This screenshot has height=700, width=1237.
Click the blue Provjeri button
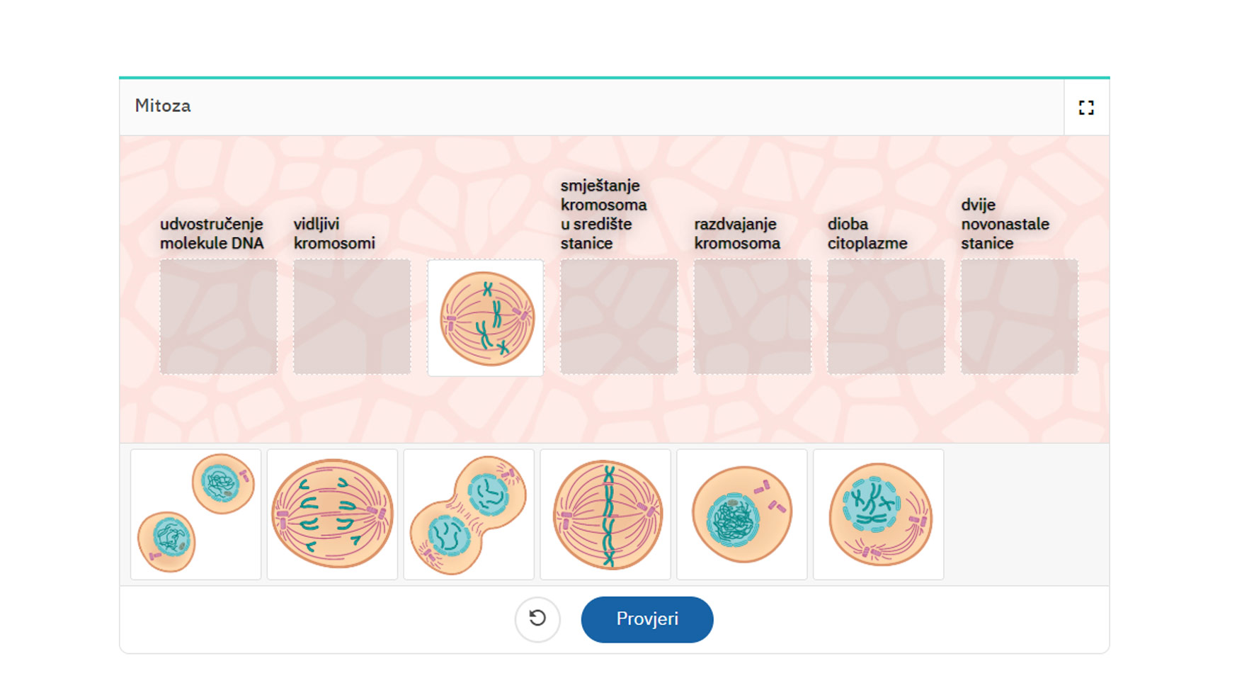click(647, 619)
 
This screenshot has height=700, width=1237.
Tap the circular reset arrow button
click(537, 619)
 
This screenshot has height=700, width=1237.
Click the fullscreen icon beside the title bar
click(1086, 107)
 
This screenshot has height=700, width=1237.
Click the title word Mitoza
click(163, 106)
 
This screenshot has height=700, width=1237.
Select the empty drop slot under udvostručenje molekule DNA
click(218, 317)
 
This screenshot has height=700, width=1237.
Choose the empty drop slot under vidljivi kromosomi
click(352, 317)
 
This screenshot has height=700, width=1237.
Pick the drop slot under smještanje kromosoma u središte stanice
click(619, 317)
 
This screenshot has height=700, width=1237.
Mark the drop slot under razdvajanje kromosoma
click(753, 317)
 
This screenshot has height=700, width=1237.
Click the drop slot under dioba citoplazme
click(886, 317)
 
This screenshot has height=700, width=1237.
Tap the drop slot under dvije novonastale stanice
click(1020, 317)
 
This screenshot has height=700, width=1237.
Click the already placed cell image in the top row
click(486, 317)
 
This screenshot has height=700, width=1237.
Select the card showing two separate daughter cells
click(196, 514)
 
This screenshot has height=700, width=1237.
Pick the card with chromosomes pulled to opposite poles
click(333, 514)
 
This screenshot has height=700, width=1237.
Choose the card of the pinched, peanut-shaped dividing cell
click(469, 514)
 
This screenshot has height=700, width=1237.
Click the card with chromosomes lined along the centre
click(605, 514)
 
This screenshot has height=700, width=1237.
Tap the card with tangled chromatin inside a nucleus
click(742, 514)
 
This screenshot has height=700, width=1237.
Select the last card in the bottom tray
click(879, 514)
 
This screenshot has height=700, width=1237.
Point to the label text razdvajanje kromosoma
click(737, 234)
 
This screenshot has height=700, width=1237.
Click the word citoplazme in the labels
click(867, 243)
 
